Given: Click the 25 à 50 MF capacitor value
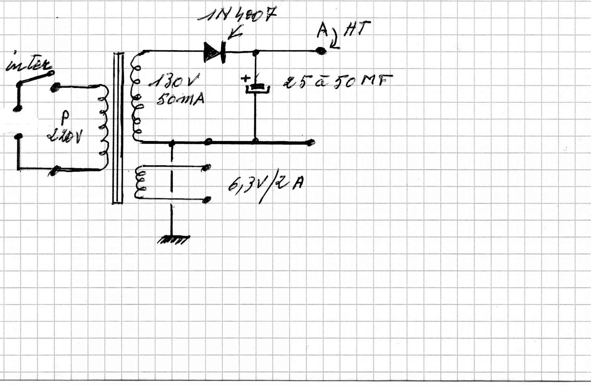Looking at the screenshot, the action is pos(337,81).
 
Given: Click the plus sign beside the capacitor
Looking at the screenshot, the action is pos(245,79).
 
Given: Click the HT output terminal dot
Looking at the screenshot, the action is pos(321,51).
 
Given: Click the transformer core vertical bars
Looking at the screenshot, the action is pos(118,127).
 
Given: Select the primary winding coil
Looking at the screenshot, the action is pos(103,127).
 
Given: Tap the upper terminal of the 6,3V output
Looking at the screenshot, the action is pos(207,167).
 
